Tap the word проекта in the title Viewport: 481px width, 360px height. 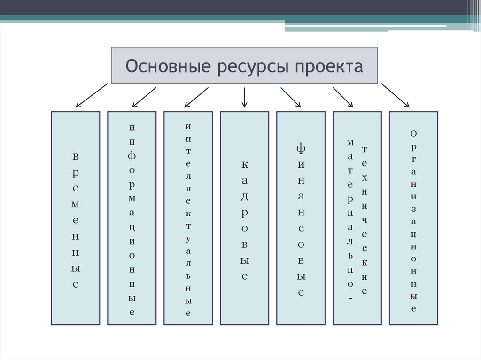click(329, 66)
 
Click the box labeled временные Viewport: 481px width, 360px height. click(75, 218)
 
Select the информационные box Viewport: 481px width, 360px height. click(132, 218)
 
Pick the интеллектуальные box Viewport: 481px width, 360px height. click(188, 218)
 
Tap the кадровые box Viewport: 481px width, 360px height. click(244, 218)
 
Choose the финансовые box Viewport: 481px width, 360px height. click(301, 218)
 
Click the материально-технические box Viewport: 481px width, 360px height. click(357, 218)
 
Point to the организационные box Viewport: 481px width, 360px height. click(413, 218)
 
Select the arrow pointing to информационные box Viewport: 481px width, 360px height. click(144, 97)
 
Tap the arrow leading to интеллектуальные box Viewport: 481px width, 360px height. click(196, 97)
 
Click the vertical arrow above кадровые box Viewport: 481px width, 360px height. click(244, 97)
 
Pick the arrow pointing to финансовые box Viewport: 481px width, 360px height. click(291, 97)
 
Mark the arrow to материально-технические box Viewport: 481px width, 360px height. click(343, 97)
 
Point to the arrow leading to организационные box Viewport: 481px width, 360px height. click(395, 96)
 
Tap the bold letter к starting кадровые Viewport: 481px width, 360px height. click(245, 164)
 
